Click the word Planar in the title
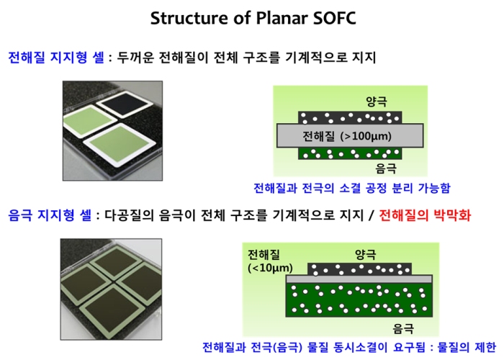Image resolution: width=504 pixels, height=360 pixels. (x=282, y=18)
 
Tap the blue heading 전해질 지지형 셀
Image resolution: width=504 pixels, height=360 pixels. (x=56, y=58)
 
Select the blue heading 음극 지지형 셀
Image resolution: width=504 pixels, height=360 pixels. (x=50, y=215)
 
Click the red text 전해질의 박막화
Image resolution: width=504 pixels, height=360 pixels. (x=425, y=215)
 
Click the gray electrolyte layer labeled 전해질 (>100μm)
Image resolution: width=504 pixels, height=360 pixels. (x=350, y=135)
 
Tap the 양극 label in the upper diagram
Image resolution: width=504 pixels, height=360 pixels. (x=377, y=102)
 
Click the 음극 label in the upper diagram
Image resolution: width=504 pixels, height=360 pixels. (x=386, y=168)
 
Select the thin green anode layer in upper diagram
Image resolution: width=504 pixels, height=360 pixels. (x=350, y=153)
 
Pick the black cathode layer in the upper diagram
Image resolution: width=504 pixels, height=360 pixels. (x=350, y=117)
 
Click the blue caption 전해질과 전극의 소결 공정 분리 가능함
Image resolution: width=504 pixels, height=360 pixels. (x=352, y=188)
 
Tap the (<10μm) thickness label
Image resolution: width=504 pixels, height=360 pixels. (x=270, y=268)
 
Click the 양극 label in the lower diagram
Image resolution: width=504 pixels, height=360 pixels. (x=366, y=254)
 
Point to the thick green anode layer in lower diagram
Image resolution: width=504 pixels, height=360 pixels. (x=359, y=300)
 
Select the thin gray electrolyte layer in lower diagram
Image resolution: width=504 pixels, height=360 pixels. (x=359, y=279)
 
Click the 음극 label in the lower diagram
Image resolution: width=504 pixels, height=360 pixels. (x=403, y=328)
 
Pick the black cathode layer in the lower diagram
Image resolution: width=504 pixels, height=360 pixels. (x=360, y=269)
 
